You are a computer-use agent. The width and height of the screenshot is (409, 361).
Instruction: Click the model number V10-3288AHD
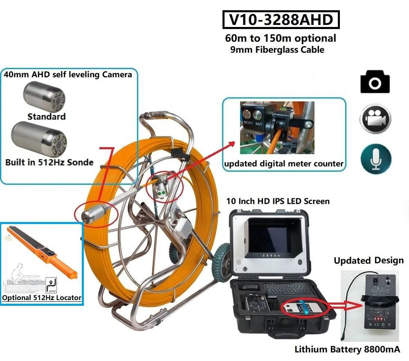pos(281,20)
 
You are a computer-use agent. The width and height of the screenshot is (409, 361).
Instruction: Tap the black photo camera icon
pos(375,82)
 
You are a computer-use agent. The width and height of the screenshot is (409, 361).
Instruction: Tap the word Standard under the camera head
pos(46,117)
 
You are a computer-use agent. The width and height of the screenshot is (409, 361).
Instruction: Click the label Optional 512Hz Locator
pos(42,298)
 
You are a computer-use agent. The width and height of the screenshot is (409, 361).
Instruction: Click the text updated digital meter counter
pos(283,164)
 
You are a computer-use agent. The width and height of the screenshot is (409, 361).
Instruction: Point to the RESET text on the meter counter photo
pos(248,123)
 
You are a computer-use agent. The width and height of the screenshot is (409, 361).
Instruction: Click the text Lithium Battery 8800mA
pos(347,350)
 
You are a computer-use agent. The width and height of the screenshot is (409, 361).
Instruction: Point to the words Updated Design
pos(369,261)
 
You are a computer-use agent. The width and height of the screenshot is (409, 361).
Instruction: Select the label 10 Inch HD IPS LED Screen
pos(278,201)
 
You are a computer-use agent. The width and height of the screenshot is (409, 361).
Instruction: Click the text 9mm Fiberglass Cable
pos(277,50)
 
